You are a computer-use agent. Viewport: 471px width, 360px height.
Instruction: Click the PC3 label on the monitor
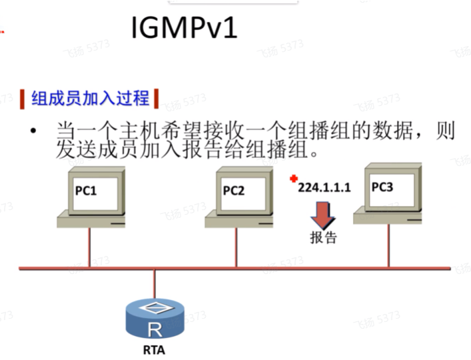[382, 187]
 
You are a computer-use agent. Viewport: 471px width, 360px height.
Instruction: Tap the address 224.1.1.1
[324, 189]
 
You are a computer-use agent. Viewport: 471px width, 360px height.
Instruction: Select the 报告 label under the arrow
[324, 238]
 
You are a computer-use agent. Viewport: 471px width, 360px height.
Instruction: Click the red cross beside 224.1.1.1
[293, 179]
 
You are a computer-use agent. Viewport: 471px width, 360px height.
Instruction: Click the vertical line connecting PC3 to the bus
[388, 245]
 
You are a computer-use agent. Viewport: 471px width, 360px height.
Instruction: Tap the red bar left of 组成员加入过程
[23, 99]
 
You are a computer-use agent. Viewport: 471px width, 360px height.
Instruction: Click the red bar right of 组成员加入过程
[157, 99]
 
